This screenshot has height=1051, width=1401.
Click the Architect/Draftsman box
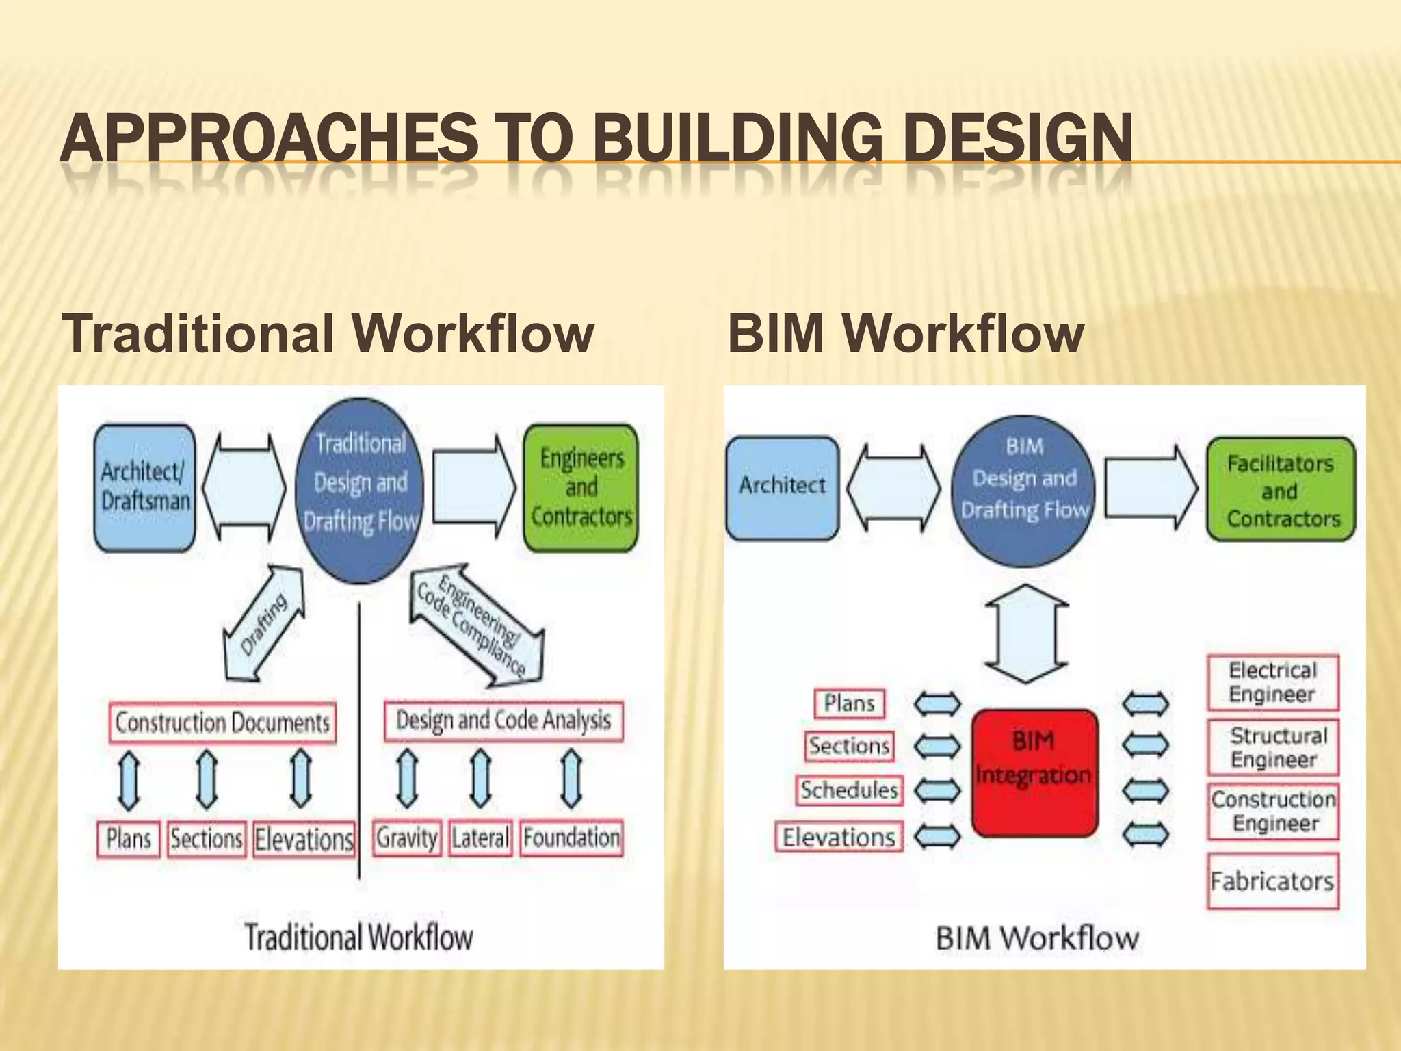point(144,487)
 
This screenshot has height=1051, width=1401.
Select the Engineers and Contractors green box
point(581,487)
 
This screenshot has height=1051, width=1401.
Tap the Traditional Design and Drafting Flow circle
point(360,490)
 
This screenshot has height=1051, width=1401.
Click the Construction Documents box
point(222,723)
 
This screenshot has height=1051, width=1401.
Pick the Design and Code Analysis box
point(503,721)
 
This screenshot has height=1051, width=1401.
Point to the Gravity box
point(407,838)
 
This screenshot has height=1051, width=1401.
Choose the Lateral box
point(480,838)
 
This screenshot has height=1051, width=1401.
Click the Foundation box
point(572,838)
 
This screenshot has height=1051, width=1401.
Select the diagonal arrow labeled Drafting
point(264,623)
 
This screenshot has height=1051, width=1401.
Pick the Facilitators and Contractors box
point(1281,490)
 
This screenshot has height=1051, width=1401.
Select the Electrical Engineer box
point(1272,682)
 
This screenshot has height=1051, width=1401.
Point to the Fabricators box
point(1272,881)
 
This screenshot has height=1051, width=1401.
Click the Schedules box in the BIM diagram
point(849,790)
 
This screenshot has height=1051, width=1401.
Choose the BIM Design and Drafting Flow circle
point(1023,491)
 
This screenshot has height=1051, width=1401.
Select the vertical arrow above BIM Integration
point(1026,634)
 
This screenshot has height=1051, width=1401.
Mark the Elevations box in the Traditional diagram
point(304,840)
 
